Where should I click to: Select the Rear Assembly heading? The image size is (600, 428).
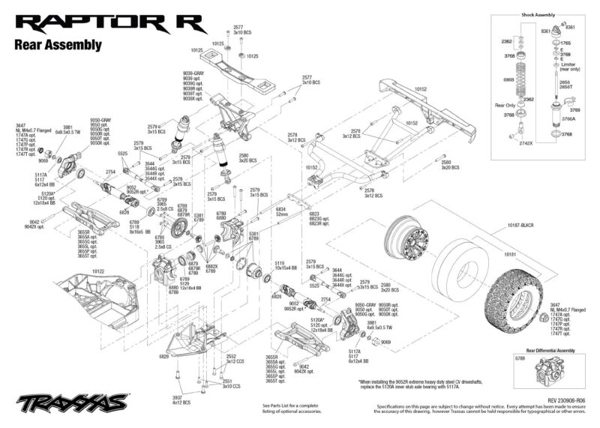[x=58, y=45]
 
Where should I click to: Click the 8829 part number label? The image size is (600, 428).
[x=163, y=357]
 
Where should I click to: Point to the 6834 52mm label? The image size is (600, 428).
[x=281, y=212]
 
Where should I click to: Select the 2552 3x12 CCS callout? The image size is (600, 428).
[x=232, y=359]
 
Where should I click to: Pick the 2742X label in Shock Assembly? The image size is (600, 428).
[x=526, y=142]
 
